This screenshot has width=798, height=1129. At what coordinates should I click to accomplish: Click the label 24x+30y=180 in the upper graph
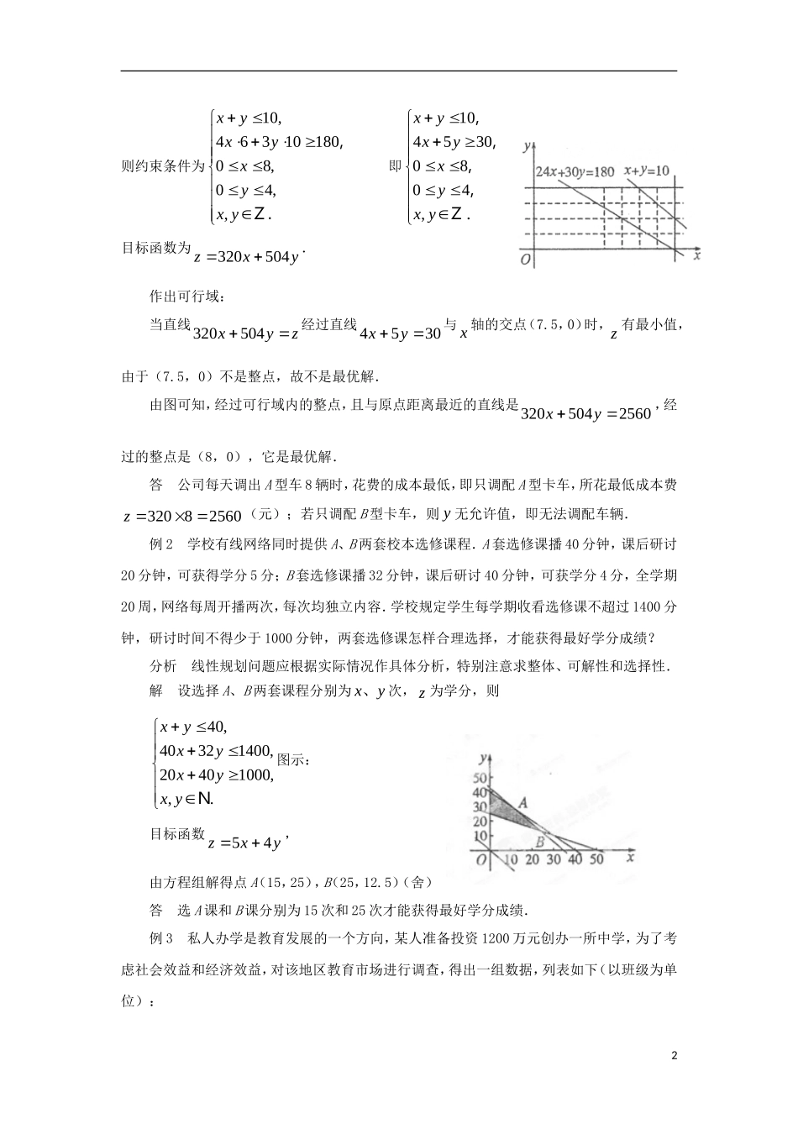tap(575, 171)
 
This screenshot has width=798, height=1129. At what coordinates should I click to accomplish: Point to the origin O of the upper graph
tap(525, 260)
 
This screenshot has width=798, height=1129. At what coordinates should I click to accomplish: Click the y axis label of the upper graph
tap(525, 146)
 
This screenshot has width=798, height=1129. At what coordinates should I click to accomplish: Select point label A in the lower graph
tap(522, 802)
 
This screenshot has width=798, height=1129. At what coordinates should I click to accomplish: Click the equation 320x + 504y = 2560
tap(586, 413)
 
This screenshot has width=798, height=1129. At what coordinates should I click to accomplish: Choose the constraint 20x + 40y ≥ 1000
tap(216, 775)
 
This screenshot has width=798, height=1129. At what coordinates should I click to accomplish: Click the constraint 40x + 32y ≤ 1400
tap(216, 751)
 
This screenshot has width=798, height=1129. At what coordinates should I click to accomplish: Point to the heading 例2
tap(160, 544)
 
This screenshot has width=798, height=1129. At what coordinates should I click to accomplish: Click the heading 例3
tap(160, 937)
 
